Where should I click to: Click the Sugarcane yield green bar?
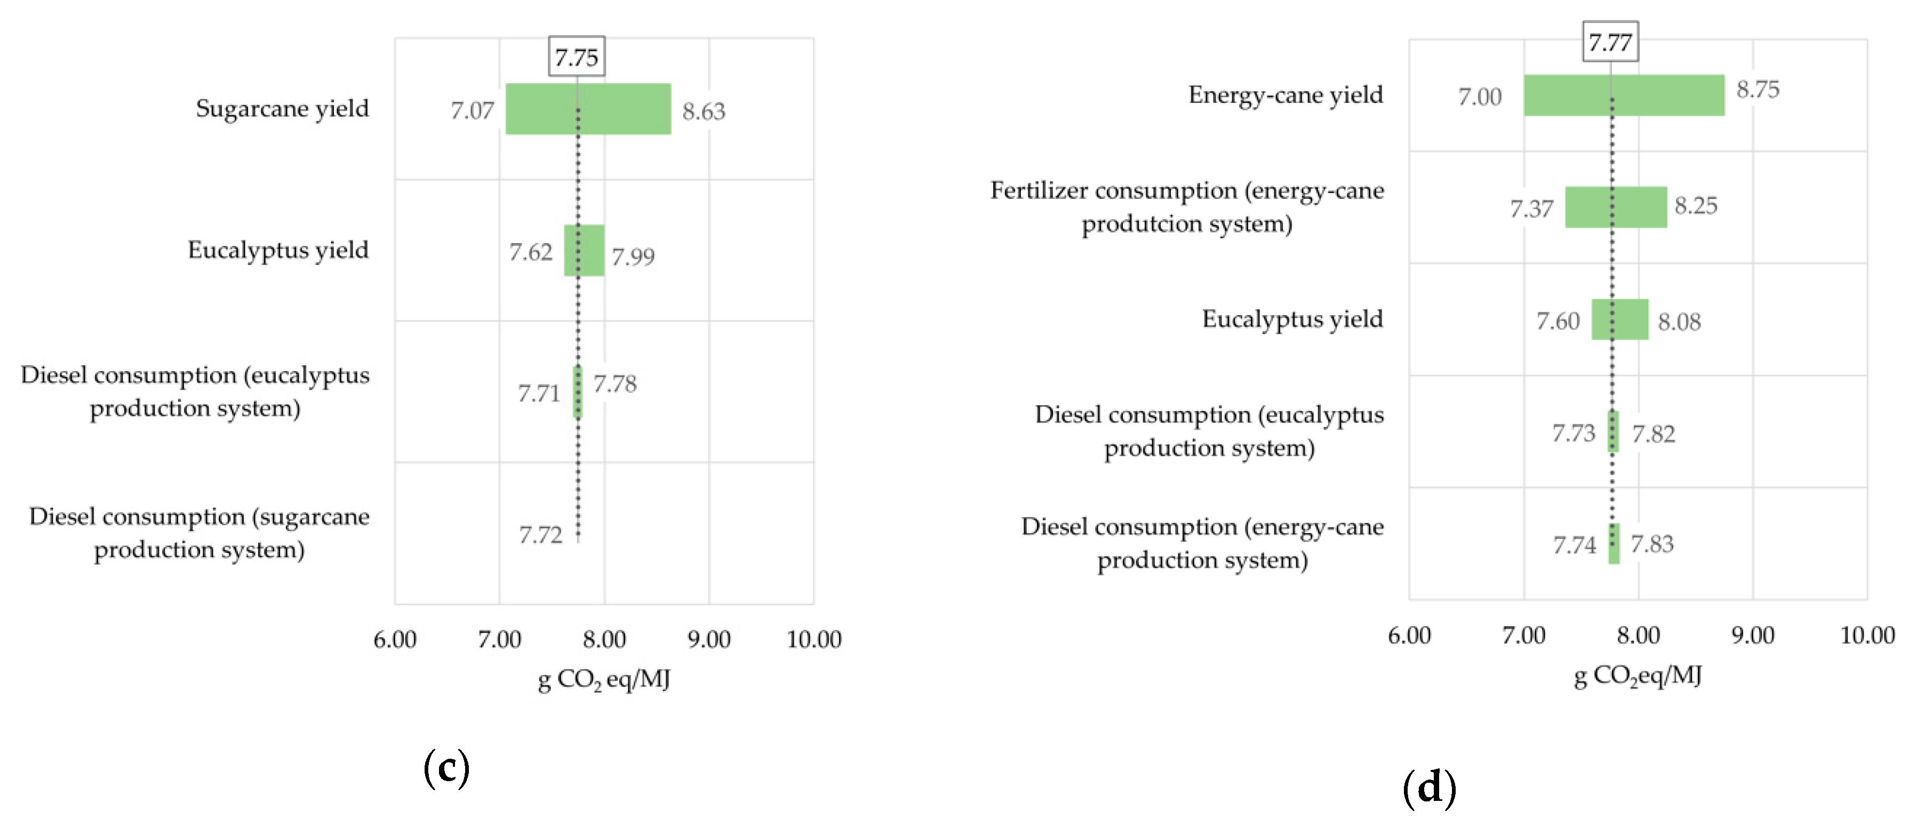click(x=588, y=109)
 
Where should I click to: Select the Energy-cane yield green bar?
click(x=1623, y=95)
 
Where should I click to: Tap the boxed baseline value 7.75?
click(x=577, y=57)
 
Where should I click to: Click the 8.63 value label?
click(x=703, y=111)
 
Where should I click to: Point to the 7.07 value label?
click(x=472, y=111)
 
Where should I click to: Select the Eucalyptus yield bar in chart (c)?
click(x=584, y=251)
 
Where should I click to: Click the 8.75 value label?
click(x=1758, y=90)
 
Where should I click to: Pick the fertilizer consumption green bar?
click(x=1616, y=207)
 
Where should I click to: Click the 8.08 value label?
click(x=1679, y=322)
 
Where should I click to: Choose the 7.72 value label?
click(x=540, y=535)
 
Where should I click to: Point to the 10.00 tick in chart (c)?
click(x=813, y=640)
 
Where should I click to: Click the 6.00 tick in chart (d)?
click(x=1409, y=636)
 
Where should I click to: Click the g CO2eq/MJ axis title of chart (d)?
click(x=1637, y=676)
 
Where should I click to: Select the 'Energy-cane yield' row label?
click(x=1286, y=95)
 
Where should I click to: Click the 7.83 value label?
click(x=1652, y=544)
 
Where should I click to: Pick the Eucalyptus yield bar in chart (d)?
click(x=1619, y=320)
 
